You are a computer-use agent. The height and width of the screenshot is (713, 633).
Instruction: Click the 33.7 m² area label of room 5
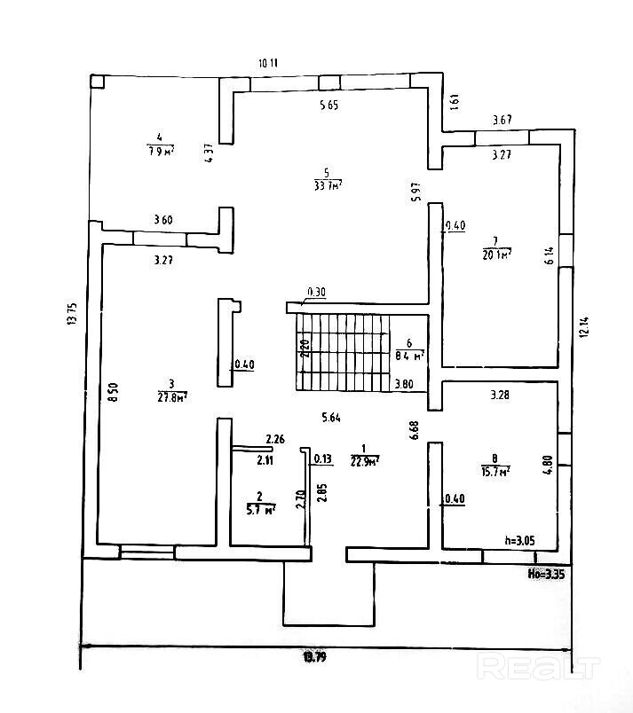click(x=328, y=185)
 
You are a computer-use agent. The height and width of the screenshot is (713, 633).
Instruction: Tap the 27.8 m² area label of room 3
click(x=171, y=397)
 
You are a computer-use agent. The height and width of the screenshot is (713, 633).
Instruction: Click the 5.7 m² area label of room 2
click(x=260, y=509)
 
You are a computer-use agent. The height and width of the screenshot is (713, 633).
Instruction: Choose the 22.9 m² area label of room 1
click(x=365, y=460)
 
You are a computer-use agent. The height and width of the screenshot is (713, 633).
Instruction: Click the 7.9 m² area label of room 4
click(x=160, y=151)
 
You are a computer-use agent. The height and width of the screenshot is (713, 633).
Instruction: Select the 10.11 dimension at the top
click(x=268, y=63)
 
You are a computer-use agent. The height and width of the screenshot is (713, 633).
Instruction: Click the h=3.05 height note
click(x=519, y=538)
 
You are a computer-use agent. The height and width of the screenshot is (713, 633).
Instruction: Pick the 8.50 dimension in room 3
click(x=113, y=392)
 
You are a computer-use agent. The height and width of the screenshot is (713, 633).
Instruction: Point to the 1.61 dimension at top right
click(x=455, y=102)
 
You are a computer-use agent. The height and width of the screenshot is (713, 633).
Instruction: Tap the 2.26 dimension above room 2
click(x=275, y=438)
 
